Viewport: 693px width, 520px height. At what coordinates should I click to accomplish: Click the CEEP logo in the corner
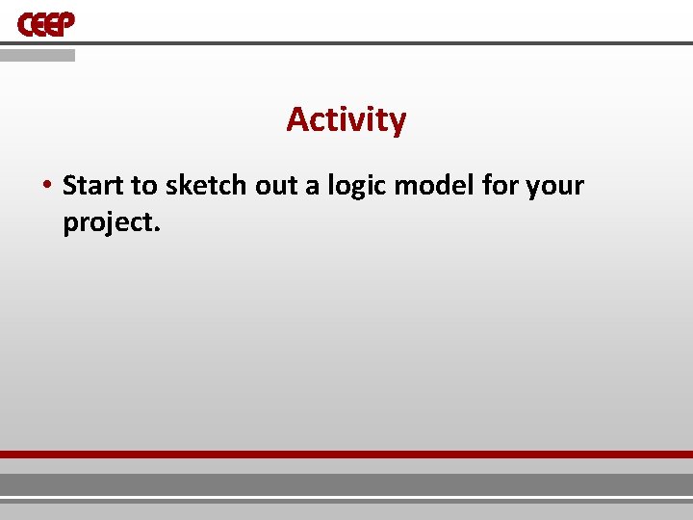tap(46, 24)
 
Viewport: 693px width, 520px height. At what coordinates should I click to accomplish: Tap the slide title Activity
tap(346, 120)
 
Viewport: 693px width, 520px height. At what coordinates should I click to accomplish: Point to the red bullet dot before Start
tap(47, 185)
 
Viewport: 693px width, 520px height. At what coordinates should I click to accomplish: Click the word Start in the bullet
tap(93, 185)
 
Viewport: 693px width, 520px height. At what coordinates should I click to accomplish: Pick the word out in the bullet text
tap(277, 185)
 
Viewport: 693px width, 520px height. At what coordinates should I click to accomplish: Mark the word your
tap(555, 185)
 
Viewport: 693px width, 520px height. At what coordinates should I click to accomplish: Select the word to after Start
tap(143, 185)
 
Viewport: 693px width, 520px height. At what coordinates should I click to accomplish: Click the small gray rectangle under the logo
tap(37, 56)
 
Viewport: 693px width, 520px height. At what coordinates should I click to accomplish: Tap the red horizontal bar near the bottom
tap(346, 454)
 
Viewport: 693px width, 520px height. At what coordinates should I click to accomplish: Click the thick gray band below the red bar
tap(346, 483)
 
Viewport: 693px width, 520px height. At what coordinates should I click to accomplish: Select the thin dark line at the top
tap(385, 43)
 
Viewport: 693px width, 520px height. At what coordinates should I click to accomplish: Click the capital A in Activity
tap(297, 120)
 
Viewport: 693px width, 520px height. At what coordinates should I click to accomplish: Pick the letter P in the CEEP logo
tap(65, 24)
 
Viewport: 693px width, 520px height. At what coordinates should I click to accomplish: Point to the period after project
tap(153, 229)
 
